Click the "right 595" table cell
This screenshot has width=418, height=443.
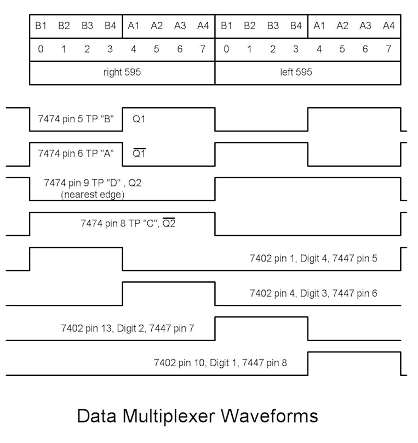coord(122,72)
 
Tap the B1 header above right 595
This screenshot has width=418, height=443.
coord(41,25)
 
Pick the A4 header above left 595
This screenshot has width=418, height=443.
coord(388,25)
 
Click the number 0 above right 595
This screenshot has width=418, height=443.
coord(41,49)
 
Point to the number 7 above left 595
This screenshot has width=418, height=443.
coord(388,49)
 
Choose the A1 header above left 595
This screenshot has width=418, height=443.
coord(319,25)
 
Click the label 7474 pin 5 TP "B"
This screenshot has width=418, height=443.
coord(76,118)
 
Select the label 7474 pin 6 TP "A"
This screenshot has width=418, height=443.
coord(76,154)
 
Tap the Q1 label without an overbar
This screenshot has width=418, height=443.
coord(139,118)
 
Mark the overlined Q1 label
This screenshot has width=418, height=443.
coord(139,154)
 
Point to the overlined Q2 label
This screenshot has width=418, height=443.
coord(169,223)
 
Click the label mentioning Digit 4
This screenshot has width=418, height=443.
coord(313,258)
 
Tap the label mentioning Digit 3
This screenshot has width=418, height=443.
coord(313,293)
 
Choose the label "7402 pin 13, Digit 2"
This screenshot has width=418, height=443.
coord(127,328)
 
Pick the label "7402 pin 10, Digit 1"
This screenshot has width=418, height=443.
coord(220,362)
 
